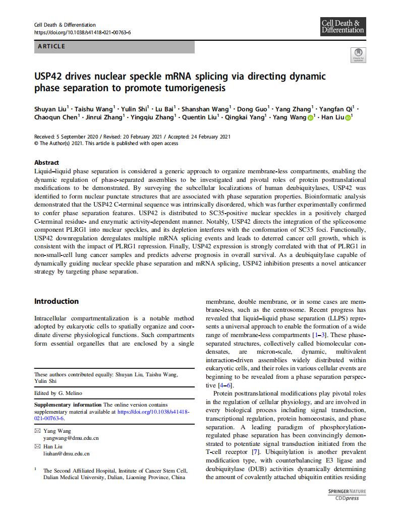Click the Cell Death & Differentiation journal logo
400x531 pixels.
click(x=343, y=27)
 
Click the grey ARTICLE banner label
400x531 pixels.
click(x=114, y=47)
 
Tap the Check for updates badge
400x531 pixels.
click(x=358, y=55)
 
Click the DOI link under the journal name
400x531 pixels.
click(x=82, y=32)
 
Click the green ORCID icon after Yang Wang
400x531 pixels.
click(x=311, y=117)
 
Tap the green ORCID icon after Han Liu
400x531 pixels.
click(x=348, y=117)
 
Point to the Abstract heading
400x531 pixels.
click(x=46, y=163)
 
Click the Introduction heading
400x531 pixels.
click(x=56, y=301)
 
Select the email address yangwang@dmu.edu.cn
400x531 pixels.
click(x=71, y=438)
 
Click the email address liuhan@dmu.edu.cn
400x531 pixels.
click(x=66, y=454)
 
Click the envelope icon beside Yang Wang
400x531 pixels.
click(x=37, y=431)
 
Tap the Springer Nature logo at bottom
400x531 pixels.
click(x=347, y=491)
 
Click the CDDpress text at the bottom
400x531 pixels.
click(x=347, y=499)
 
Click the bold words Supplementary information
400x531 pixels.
click(x=68, y=405)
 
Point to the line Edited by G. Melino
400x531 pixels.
click(x=58, y=393)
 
